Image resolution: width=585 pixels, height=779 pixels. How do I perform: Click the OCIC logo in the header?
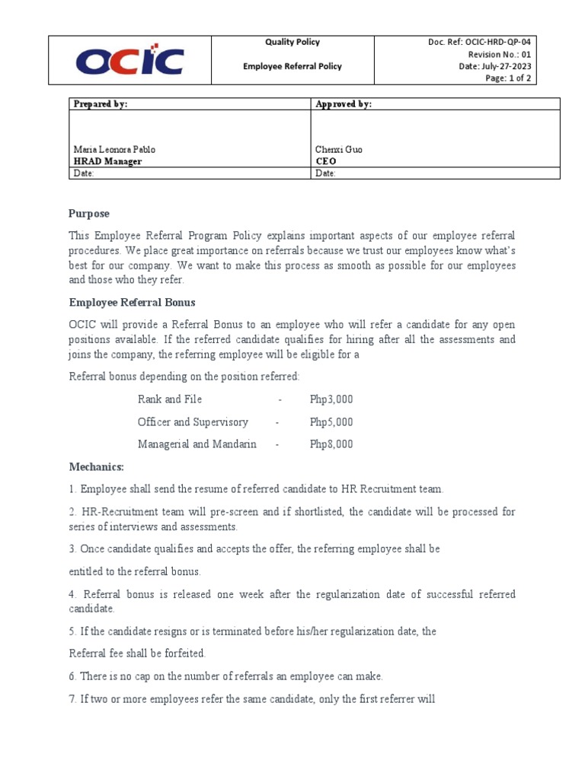[129, 61]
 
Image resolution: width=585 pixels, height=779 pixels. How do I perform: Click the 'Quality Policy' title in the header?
[292, 43]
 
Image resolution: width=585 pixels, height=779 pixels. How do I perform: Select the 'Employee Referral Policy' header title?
[292, 66]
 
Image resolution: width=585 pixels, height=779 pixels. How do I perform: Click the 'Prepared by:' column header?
[100, 104]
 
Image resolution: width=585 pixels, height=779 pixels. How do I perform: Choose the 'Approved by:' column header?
[344, 104]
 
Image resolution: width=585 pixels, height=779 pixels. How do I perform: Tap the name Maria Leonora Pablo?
[113, 150]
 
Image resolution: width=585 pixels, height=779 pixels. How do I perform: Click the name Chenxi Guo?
[339, 150]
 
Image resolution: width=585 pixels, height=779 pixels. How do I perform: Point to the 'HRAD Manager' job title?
[107, 161]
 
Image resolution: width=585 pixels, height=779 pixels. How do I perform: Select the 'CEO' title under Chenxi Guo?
[325, 161]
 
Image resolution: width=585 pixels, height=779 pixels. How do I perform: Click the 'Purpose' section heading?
[89, 214]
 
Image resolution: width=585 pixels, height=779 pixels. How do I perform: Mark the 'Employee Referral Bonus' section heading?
[132, 302]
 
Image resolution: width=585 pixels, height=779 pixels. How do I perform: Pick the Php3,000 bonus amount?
[331, 399]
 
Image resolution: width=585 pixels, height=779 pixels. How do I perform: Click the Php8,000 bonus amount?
[331, 444]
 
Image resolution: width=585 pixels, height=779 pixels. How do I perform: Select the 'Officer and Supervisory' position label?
[193, 422]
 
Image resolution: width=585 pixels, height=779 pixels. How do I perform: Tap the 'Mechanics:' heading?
[96, 466]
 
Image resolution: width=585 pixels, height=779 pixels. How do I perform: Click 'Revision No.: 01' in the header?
[499, 55]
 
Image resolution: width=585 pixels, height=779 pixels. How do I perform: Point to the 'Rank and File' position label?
[170, 399]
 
